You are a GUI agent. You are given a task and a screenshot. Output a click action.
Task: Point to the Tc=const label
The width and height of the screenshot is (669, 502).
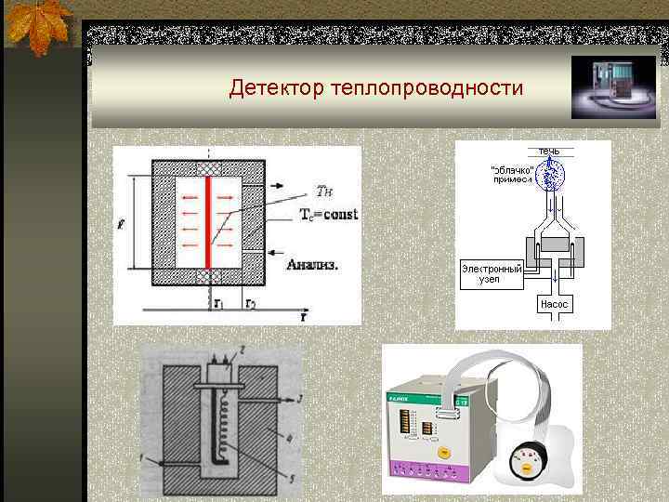[x=328, y=215]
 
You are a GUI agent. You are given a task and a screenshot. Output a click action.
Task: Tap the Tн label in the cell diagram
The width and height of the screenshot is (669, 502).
[x=324, y=192]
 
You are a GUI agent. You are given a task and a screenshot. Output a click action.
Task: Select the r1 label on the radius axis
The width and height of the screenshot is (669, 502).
[x=216, y=303]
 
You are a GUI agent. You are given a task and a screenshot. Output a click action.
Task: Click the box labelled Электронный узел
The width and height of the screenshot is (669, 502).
[x=492, y=273]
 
